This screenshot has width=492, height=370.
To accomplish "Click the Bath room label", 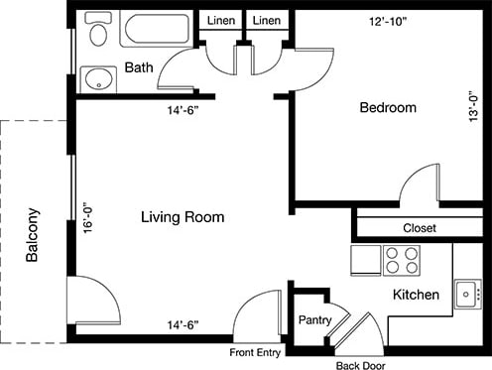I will coord(138,67).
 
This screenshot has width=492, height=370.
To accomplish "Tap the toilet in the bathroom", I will coord(96,32).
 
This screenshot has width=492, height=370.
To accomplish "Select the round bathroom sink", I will coord(96,78).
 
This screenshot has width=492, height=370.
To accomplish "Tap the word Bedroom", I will coord(387,107).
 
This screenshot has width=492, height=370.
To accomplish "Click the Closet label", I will coord(420,228).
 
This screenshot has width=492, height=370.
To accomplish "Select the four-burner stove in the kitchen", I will coord(401,260).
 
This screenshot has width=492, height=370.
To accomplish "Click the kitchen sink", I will coord(467,293).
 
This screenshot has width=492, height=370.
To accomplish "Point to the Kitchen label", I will coord(417,296).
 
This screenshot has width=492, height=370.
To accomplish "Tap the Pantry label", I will coord(315,321).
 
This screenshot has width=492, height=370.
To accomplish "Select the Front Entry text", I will coord(256,352).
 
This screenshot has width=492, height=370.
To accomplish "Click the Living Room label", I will coord(182,216).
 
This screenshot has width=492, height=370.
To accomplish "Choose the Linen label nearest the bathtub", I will coord(219,21).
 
